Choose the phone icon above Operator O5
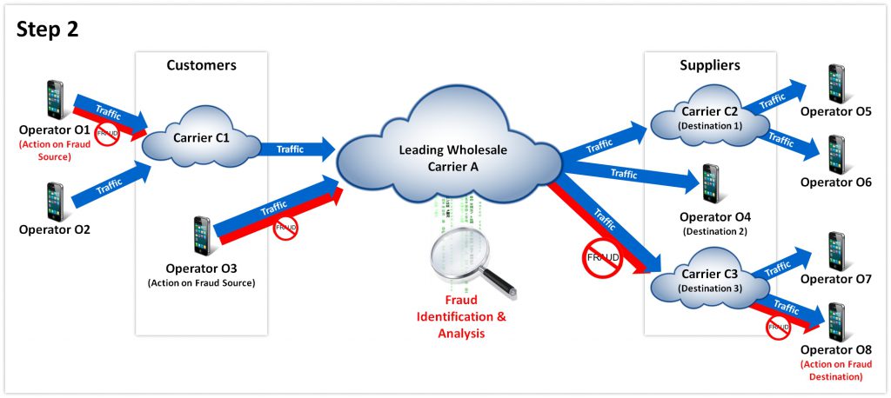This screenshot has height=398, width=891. [x=836, y=83]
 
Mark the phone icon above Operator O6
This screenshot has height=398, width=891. [x=836, y=154]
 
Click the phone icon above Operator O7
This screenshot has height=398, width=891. [x=836, y=250]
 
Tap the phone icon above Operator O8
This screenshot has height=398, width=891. [x=836, y=322]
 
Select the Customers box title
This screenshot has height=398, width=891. [x=201, y=65]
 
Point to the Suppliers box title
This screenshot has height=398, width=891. [x=709, y=65]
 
